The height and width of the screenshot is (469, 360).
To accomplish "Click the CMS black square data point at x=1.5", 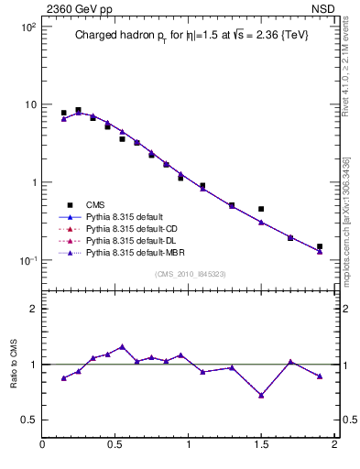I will point(261,209).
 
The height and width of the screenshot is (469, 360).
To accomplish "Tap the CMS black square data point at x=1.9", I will point(320,246).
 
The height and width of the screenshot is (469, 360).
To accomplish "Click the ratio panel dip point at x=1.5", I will point(261,396).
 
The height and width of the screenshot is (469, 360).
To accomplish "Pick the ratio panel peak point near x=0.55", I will point(122,347).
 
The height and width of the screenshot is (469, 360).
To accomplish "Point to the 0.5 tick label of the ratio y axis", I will point(29,420).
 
